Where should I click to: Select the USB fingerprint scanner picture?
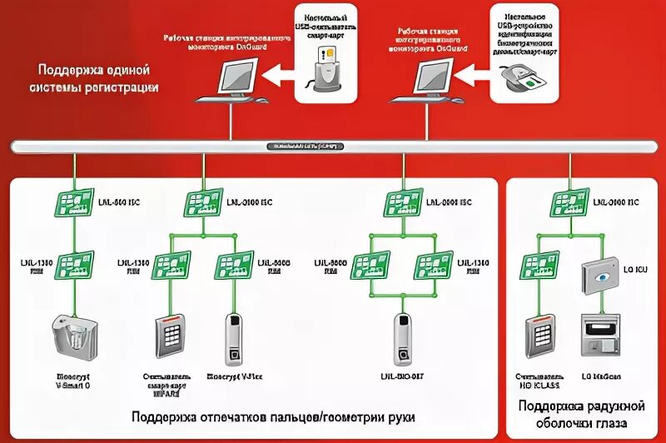(524, 79)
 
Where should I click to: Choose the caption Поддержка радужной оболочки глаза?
(581, 414)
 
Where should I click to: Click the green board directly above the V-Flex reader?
(234, 265)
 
